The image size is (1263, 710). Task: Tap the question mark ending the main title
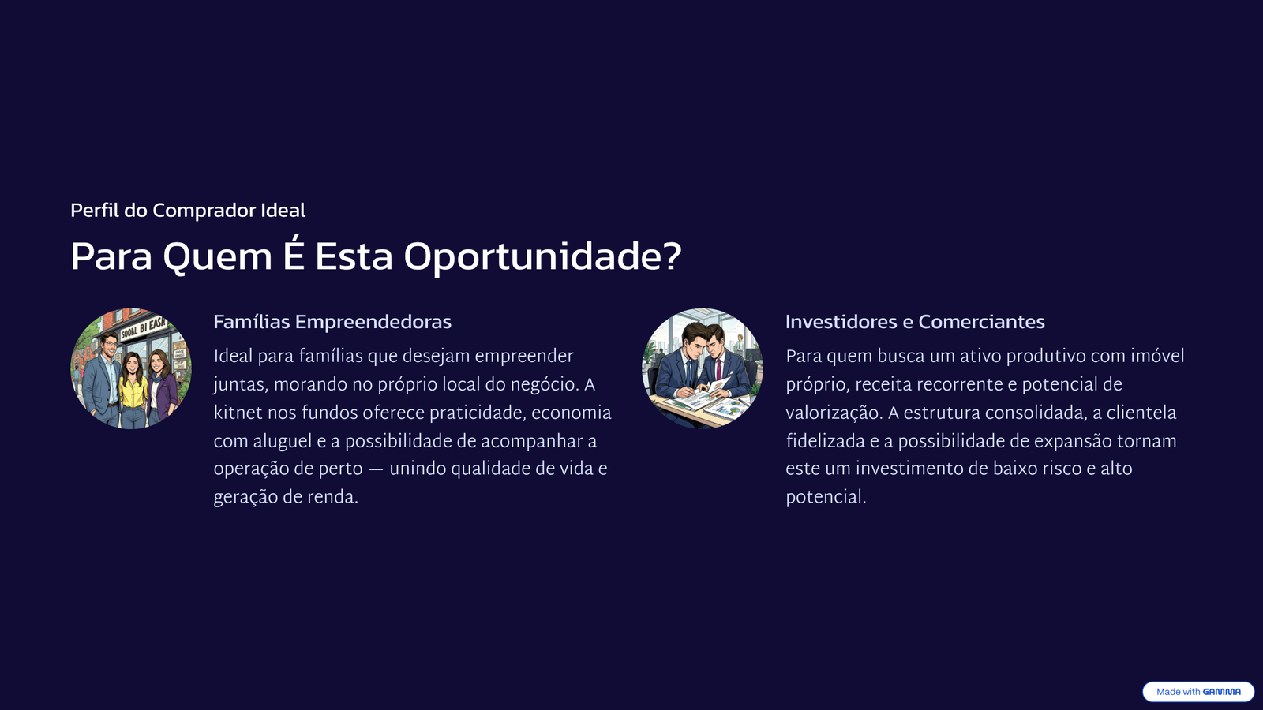click(671, 256)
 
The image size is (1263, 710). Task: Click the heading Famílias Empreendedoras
click(332, 322)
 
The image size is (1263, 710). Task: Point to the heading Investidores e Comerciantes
click(915, 322)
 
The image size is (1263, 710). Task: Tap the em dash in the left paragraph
click(376, 469)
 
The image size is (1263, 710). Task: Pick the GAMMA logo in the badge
click(1221, 692)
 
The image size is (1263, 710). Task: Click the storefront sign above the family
click(143, 327)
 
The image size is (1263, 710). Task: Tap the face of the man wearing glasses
click(110, 344)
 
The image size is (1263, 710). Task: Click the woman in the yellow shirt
click(133, 391)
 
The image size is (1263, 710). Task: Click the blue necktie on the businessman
click(688, 372)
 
